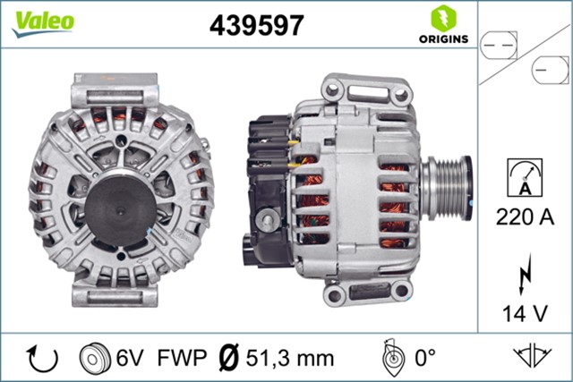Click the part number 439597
tap(256, 26)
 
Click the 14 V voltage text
tap(525, 313)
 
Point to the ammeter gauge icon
tap(525, 177)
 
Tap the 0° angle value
tap(423, 358)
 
